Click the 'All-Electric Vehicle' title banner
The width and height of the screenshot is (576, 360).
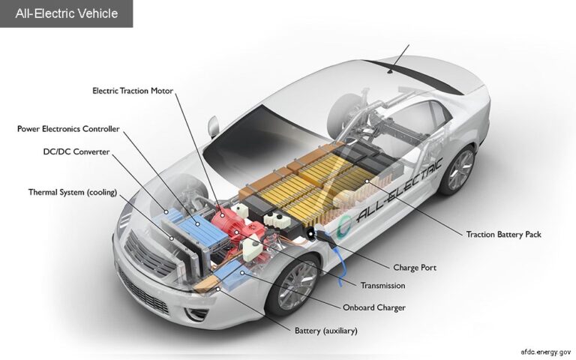click(x=66, y=13)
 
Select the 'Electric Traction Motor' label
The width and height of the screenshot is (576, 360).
click(x=133, y=91)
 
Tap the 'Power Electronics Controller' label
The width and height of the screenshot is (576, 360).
click(x=68, y=129)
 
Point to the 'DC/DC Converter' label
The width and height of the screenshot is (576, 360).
click(x=76, y=151)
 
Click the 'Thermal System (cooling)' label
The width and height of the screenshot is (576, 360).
click(x=73, y=192)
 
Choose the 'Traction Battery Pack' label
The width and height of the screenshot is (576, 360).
click(x=503, y=235)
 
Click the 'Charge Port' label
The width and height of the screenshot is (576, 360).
click(x=414, y=268)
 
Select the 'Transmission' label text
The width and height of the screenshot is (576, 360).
click(x=382, y=286)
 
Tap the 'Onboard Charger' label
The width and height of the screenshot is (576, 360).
click(x=373, y=307)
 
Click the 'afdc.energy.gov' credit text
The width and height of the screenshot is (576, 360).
click(x=546, y=351)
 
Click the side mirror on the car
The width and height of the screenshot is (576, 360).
click(x=214, y=125)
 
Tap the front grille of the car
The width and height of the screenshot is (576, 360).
click(x=147, y=255)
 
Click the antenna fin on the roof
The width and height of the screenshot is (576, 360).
click(x=391, y=72)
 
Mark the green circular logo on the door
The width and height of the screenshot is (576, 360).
click(x=346, y=224)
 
